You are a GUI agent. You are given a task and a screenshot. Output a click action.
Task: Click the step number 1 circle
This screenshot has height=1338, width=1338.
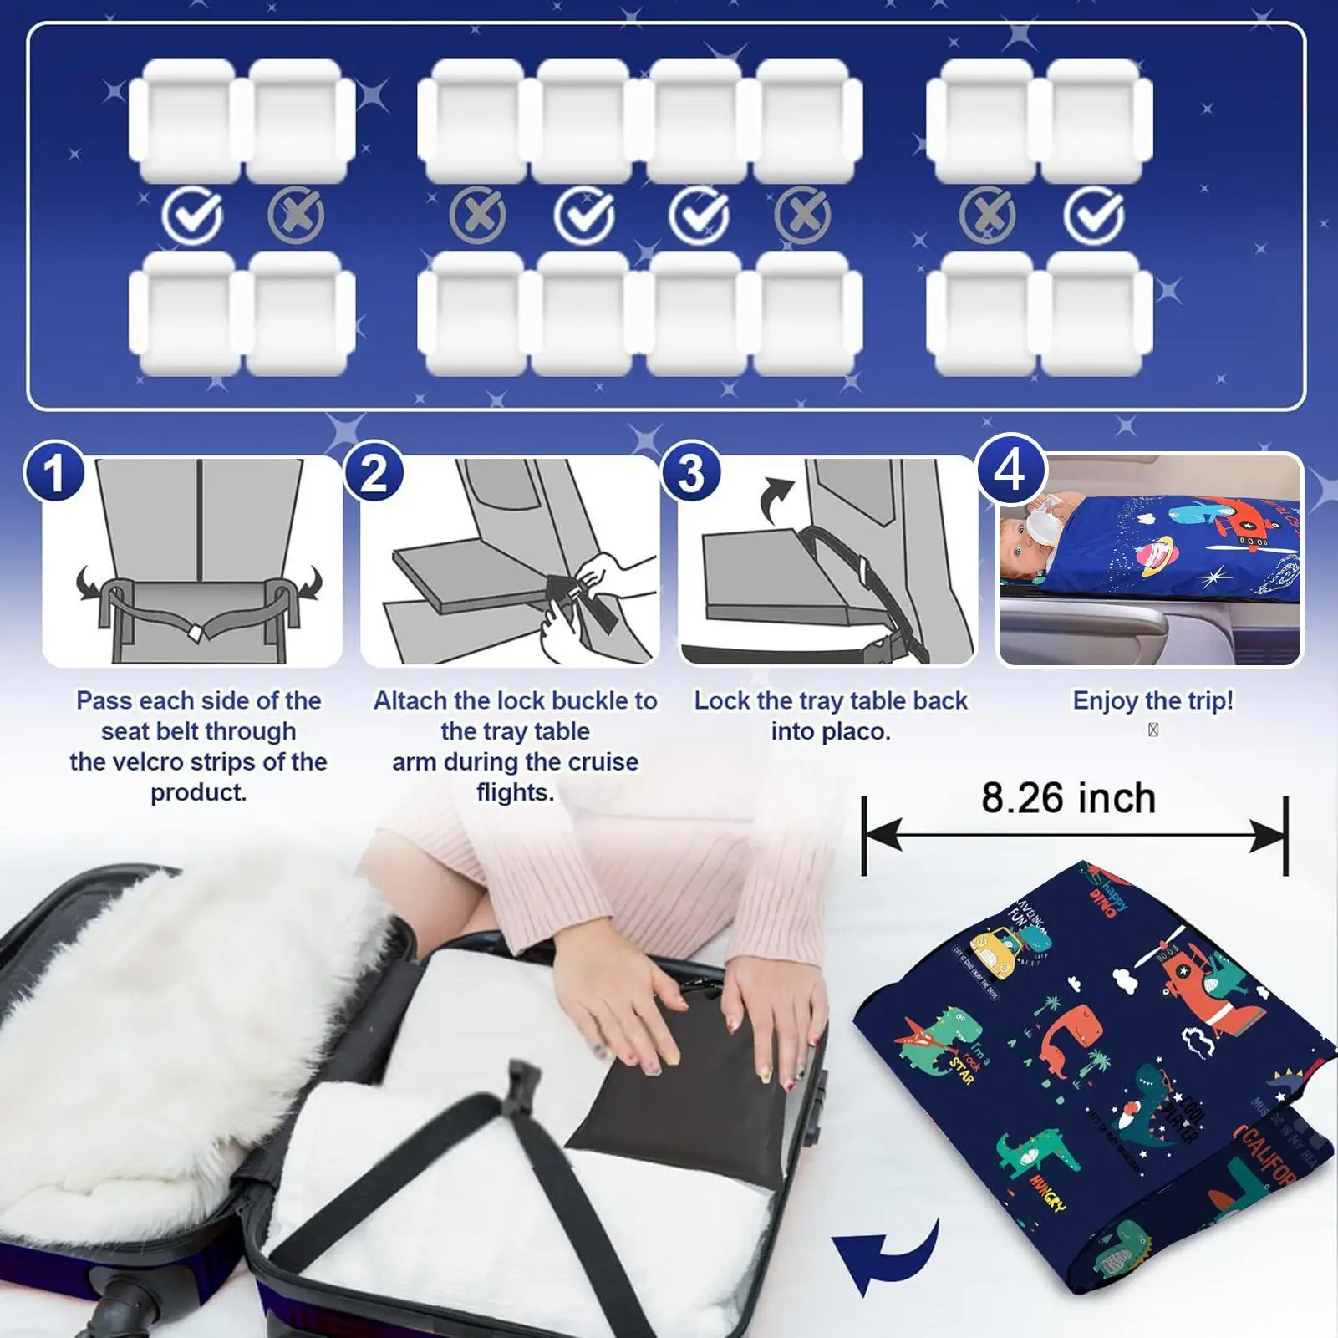tap(54, 472)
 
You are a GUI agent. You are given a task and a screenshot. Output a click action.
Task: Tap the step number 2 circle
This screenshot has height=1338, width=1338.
tap(373, 472)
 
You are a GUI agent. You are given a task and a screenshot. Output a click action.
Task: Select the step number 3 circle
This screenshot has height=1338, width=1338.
tap(690, 472)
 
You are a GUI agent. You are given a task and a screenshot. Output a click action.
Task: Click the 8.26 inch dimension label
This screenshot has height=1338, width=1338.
tap(1068, 798)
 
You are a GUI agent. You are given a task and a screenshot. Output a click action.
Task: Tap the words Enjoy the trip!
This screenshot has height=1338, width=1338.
tap(1152, 700)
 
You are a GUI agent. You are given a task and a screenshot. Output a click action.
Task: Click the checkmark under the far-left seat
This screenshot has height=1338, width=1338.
tap(192, 216)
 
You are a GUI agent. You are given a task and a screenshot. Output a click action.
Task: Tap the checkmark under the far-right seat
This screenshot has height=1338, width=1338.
tap(1093, 216)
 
